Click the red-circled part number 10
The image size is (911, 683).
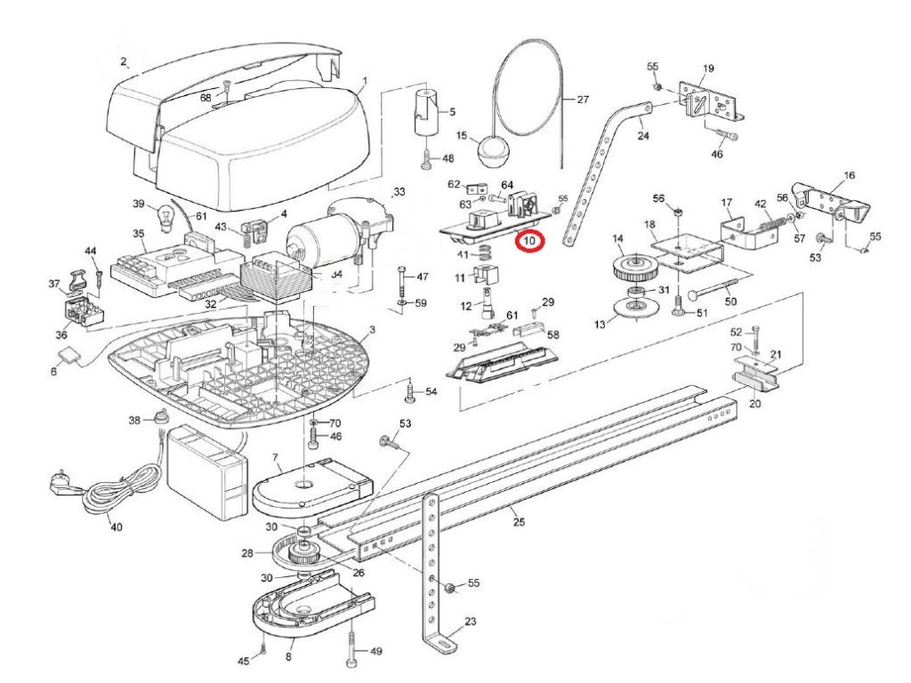click(531, 240)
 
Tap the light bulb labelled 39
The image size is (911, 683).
click(164, 214)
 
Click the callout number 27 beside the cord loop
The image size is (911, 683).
click(583, 100)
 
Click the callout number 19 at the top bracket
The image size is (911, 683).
click(709, 68)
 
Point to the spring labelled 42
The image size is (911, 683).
click(775, 218)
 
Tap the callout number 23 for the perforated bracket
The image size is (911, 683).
click(471, 622)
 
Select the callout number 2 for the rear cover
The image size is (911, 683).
click(124, 61)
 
